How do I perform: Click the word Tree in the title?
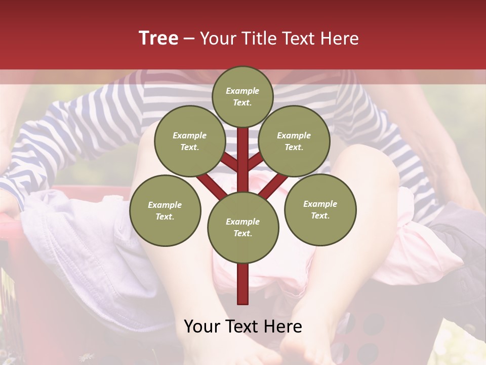click(158, 38)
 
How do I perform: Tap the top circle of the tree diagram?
click(242, 96)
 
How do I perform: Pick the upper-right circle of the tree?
click(294, 141)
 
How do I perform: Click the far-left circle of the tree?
click(165, 210)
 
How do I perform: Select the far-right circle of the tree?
click(320, 209)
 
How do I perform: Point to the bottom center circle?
click(242, 227)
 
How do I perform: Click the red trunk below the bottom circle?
click(242, 284)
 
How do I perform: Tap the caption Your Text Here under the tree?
click(242, 326)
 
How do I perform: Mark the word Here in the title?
click(340, 38)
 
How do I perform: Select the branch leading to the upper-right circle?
click(256, 162)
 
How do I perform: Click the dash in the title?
click(189, 39)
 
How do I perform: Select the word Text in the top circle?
click(242, 102)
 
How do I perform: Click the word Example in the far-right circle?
click(320, 204)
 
